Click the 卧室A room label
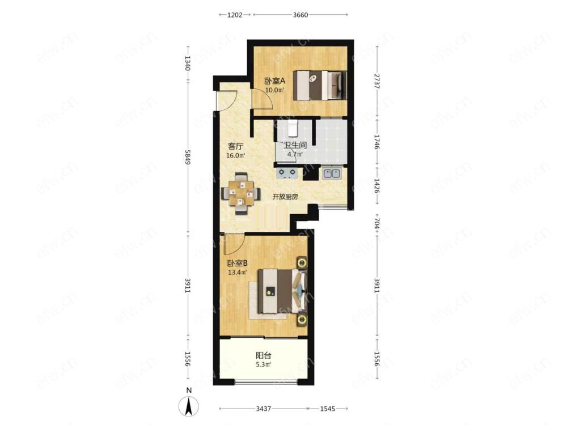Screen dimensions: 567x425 (275, 81)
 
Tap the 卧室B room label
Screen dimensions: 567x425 (237, 263)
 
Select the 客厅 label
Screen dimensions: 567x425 (235, 146)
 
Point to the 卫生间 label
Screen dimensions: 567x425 (295, 145)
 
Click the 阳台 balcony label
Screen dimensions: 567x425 (264, 356)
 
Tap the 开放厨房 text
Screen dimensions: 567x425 (285, 197)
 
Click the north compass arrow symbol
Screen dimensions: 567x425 (188, 406)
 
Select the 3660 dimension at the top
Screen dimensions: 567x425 (300, 15)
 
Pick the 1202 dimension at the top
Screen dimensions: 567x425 (235, 15)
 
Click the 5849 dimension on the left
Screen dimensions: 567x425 (187, 157)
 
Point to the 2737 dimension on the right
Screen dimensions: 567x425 (377, 81)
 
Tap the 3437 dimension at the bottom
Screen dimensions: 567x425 (263, 409)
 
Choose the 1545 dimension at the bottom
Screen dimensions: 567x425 (327, 409)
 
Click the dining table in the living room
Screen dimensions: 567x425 (240, 194)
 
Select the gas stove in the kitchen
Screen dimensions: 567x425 (287, 173)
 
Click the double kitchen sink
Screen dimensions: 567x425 (332, 173)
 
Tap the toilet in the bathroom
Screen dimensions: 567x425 (293, 129)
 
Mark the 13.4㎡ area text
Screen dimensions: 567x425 (237, 273)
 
